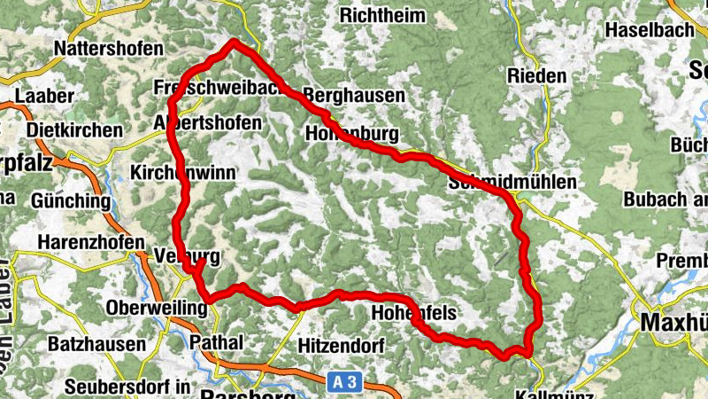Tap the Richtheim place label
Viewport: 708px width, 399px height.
click(381, 15)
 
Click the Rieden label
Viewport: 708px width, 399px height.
click(536, 76)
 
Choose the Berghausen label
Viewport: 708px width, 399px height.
click(354, 95)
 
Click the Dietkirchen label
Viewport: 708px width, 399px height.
click(74, 130)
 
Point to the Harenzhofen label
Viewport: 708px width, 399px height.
click(91, 242)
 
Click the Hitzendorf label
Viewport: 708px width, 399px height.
click(340, 344)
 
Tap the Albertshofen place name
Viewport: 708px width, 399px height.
click(207, 122)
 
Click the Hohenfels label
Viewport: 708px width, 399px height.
click(413, 313)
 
